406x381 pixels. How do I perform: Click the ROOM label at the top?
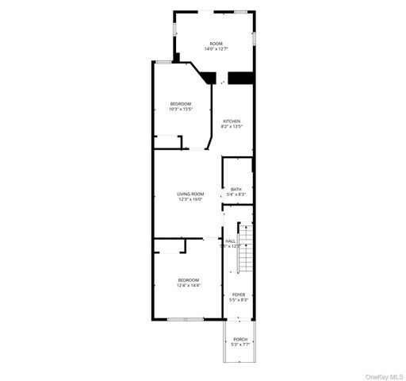click(216, 44)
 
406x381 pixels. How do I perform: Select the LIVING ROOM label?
click(190, 194)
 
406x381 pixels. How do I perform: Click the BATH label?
click(236, 189)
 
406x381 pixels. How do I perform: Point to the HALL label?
click(231, 241)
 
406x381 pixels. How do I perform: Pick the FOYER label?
click(239, 294)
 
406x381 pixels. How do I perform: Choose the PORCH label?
click(240, 340)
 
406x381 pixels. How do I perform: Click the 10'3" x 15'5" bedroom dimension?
click(182, 110)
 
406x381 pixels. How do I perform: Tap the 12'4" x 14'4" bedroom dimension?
click(189, 285)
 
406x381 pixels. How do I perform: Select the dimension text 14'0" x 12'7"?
click(216, 49)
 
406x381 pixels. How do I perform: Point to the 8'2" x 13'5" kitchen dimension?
click(232, 126)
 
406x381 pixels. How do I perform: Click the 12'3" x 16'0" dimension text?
click(190, 200)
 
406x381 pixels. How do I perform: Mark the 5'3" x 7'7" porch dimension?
click(240, 345)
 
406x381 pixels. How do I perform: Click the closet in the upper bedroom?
click(167, 142)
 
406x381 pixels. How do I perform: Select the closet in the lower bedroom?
click(169, 247)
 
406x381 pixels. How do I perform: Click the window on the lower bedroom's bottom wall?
click(185, 319)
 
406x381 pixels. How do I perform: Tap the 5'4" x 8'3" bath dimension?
click(236, 194)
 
